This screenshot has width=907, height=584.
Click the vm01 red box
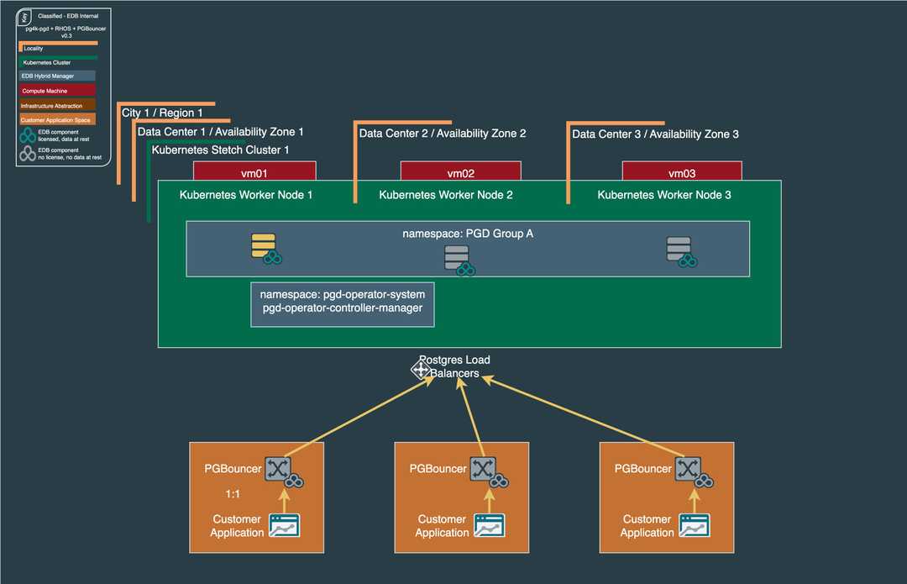pyautogui.click(x=254, y=172)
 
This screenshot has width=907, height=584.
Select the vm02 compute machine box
pyautogui.click(x=460, y=172)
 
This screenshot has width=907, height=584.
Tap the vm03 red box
pyautogui.click(x=682, y=172)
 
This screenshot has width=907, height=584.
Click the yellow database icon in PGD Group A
pyautogui.click(x=263, y=245)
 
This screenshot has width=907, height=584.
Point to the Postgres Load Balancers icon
pyautogui.click(x=421, y=369)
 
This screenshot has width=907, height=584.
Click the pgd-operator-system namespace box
pyautogui.click(x=343, y=304)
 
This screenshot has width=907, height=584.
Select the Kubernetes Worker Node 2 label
pyautogui.click(x=446, y=195)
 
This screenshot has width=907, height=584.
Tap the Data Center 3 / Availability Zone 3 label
pyautogui.click(x=655, y=134)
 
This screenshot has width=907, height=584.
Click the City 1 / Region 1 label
pyautogui.click(x=162, y=113)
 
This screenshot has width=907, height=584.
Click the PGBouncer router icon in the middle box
pyautogui.click(x=482, y=469)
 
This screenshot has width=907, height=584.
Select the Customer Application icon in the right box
pyautogui.click(x=694, y=526)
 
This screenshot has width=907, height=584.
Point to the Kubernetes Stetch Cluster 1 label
pyautogui.click(x=220, y=150)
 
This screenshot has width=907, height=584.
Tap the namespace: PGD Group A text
pyautogui.click(x=468, y=234)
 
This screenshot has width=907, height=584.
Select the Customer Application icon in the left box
pyautogui.click(x=283, y=526)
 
